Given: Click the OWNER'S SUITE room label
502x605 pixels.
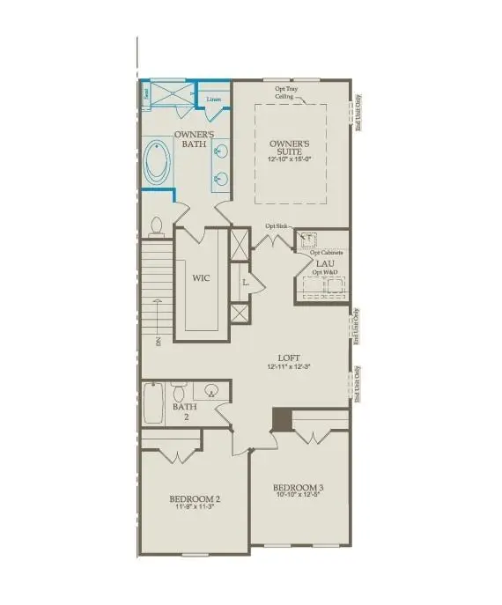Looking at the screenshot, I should click(288, 148).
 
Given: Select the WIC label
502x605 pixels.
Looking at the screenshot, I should click(202, 277).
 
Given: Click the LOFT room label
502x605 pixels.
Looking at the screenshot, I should click(289, 358).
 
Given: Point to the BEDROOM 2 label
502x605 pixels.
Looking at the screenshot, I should click(193, 498).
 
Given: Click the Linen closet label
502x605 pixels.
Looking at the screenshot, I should click(214, 99).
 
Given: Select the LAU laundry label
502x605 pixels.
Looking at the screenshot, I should click(326, 262).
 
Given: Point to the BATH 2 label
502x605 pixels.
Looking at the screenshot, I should click(185, 412).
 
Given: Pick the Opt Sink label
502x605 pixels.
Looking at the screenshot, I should click(276, 226).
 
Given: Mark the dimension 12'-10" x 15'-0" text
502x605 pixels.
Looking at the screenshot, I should click(289, 159).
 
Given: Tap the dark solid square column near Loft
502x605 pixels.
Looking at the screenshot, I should click(282, 420).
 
